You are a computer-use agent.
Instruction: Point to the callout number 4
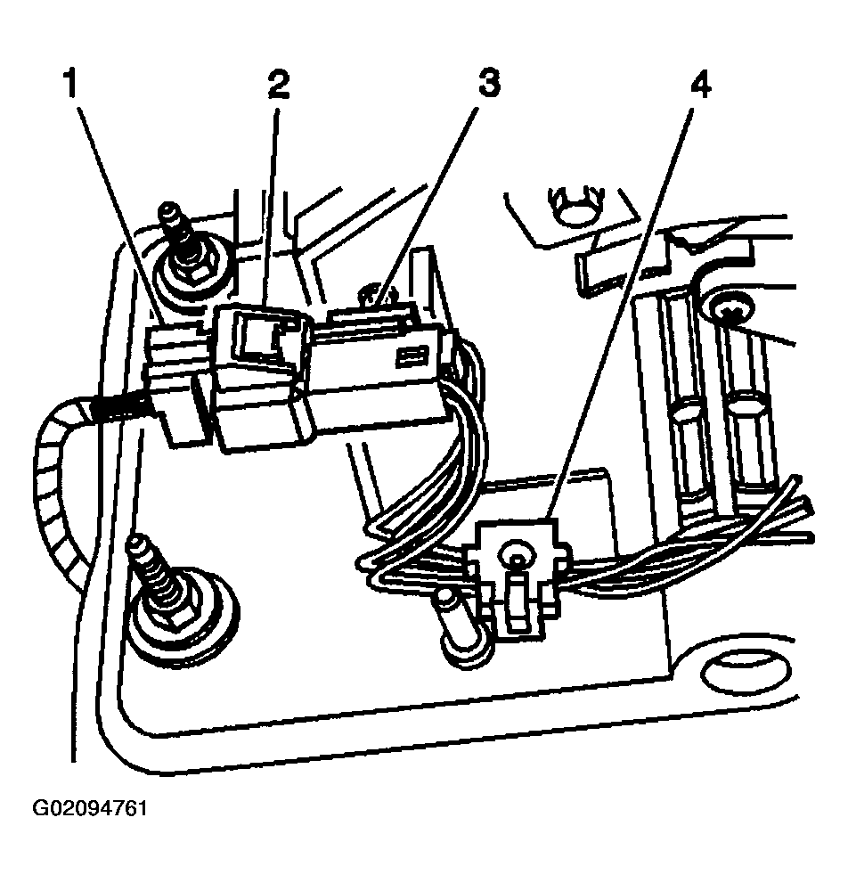699,86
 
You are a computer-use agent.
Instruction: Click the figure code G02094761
89,809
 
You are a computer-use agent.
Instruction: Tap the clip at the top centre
571,203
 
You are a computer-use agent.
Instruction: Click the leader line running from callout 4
624,303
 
